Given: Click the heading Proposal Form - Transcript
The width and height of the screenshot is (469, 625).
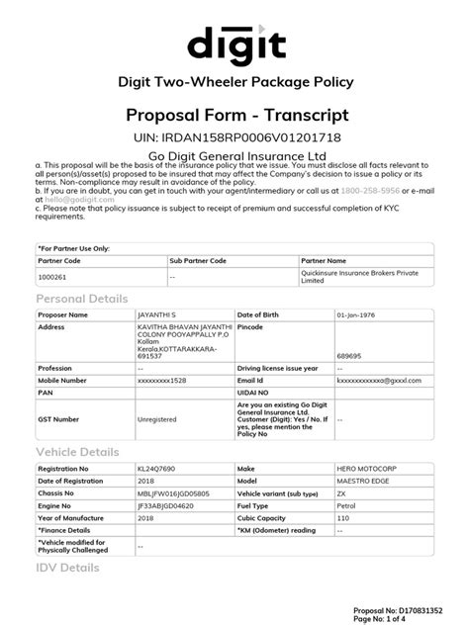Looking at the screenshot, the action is coord(234,116).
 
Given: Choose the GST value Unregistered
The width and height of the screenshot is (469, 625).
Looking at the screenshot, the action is coord(156,418).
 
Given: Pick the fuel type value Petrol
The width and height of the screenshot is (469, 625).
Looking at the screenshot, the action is coord(347,504).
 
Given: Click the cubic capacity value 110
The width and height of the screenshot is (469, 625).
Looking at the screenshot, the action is coord(342,516).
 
